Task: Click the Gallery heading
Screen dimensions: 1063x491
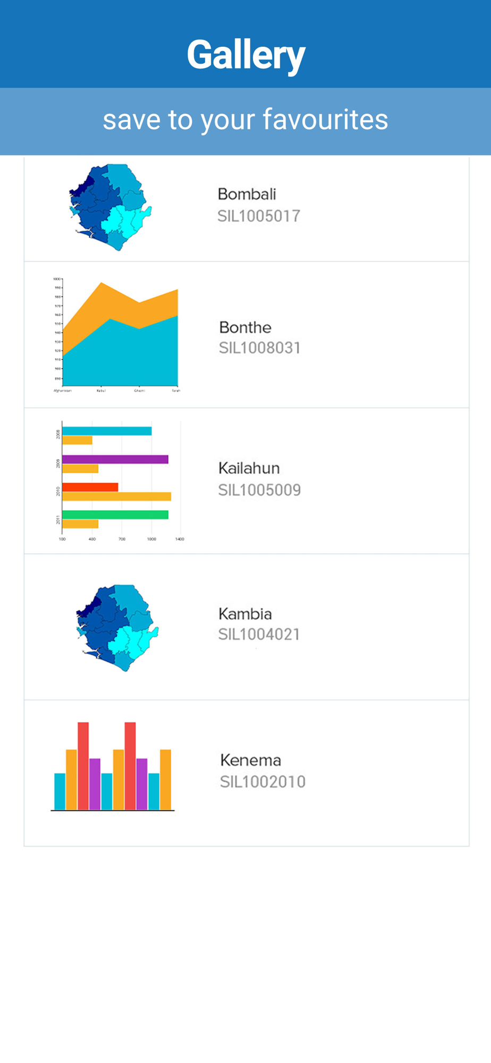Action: (x=245, y=55)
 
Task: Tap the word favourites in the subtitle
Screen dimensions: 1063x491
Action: (x=325, y=119)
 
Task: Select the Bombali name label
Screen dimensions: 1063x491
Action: (x=247, y=194)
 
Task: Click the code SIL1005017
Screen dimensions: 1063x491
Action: (x=259, y=216)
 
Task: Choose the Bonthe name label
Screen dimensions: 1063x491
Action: (x=245, y=327)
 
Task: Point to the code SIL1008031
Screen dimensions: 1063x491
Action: (x=260, y=348)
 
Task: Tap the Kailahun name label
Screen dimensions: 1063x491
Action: (x=249, y=468)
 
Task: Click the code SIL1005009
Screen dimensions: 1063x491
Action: (x=259, y=490)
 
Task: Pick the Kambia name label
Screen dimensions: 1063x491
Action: (x=245, y=614)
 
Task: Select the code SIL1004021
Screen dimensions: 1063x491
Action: (x=259, y=634)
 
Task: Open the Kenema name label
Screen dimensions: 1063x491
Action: (x=250, y=760)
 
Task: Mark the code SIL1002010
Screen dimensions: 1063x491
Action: (x=263, y=782)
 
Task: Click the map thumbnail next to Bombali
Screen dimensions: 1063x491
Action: (x=110, y=207)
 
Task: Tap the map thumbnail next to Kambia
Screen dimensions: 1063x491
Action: (x=117, y=628)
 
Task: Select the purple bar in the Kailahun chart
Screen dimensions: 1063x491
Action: (x=115, y=459)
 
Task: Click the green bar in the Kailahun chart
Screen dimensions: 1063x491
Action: (x=115, y=514)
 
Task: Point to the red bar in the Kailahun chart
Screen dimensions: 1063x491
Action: (x=90, y=487)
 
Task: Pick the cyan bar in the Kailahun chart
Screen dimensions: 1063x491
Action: (x=107, y=431)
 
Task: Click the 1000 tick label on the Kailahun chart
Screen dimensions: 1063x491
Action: (x=151, y=539)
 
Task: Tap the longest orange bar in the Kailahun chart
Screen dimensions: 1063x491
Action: (x=116, y=496)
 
